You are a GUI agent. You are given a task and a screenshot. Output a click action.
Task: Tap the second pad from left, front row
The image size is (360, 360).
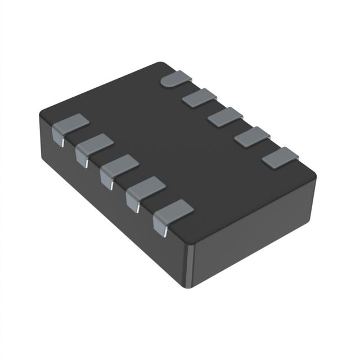click(x=95, y=145)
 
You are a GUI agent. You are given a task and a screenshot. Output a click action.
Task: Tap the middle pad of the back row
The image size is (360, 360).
click(x=226, y=117)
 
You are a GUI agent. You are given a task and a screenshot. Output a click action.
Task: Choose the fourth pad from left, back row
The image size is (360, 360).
click(x=252, y=137)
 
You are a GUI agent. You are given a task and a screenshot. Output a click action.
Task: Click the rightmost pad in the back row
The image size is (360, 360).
click(x=280, y=157)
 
